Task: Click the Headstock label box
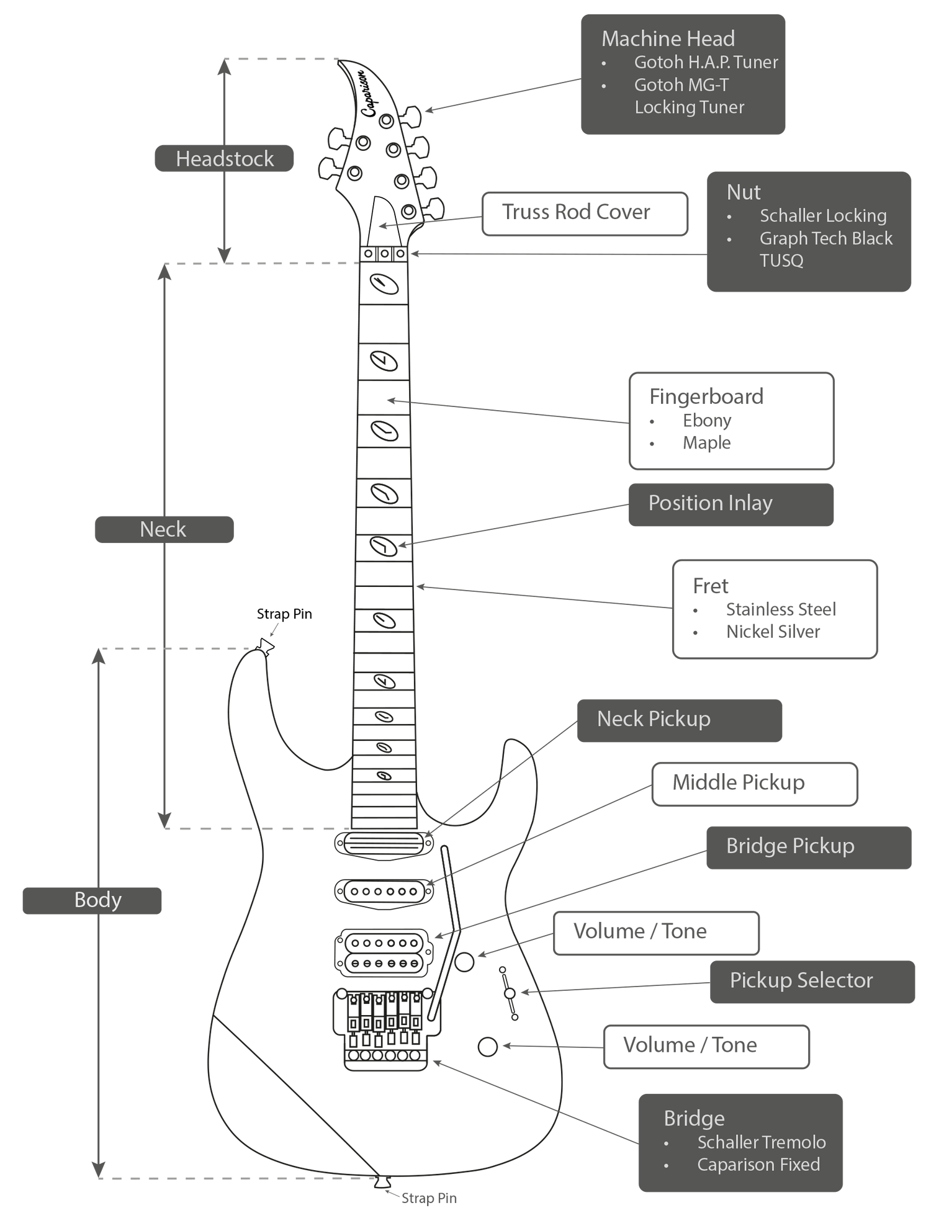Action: (223, 159)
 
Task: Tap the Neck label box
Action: (164, 529)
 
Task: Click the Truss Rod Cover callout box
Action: (585, 213)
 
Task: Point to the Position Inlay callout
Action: (731, 504)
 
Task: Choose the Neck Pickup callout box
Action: (679, 720)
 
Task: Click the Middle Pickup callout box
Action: (754, 784)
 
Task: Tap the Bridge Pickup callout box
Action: (809, 847)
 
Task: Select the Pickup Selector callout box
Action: (812, 982)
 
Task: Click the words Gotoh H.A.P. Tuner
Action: (706, 63)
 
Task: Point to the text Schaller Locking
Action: (823, 216)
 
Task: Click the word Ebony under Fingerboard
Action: (707, 421)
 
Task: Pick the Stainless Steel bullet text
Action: (781, 609)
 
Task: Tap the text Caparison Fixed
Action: (758, 1165)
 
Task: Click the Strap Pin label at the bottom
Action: (429, 1198)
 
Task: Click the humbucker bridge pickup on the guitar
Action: (384, 952)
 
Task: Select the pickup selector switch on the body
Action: (510, 993)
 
